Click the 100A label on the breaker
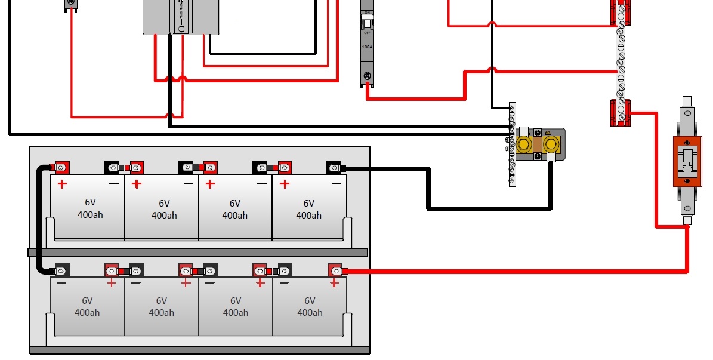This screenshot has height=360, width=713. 367,47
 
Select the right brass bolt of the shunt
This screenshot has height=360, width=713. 551,143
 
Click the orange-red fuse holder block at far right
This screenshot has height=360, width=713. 687,161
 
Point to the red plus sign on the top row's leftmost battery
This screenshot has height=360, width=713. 62,184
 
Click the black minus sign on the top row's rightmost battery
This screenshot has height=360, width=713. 337,184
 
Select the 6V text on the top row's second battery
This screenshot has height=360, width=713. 164,203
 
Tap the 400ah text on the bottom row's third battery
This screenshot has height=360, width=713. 235,312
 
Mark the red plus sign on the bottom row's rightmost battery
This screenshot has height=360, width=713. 334,283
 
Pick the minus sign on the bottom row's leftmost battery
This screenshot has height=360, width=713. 61,283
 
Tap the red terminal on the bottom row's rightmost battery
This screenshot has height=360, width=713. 335,270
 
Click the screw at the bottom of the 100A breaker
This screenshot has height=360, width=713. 368,76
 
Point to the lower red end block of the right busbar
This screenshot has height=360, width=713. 621,112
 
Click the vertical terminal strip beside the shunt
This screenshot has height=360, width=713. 512,144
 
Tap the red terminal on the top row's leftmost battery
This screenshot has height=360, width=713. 60,168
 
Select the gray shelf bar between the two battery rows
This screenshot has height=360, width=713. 197,253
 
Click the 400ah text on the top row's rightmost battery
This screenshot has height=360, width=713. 308,215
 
